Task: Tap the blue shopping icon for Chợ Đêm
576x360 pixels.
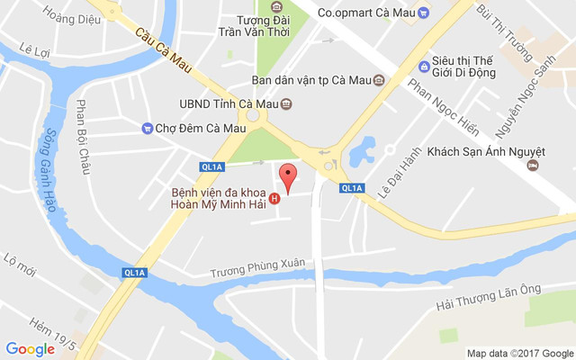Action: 147,128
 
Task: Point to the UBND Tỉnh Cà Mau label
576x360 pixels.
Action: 229,103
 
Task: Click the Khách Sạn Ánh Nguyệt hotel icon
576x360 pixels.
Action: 533,165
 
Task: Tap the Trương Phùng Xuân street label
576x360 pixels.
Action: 257,267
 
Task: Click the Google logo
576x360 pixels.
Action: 31,349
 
